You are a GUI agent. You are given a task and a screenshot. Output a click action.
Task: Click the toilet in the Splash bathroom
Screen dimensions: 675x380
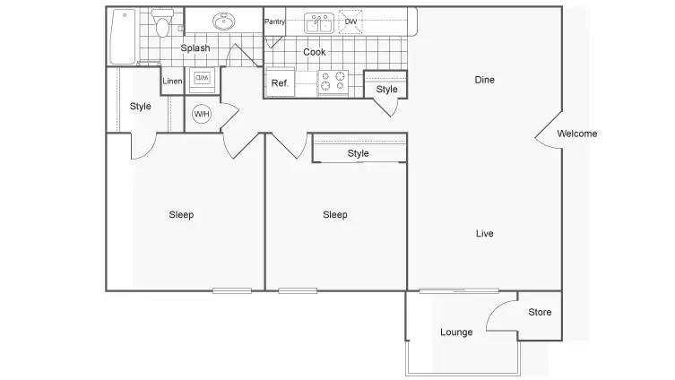[162, 22]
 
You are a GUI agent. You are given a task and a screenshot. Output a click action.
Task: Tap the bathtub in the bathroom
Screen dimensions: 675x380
[123, 37]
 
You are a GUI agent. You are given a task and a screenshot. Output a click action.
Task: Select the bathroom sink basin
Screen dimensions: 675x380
[224, 22]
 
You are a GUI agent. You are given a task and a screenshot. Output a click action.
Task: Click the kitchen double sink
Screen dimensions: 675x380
[319, 22]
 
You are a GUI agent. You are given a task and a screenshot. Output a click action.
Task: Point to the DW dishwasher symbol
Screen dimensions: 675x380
[350, 22]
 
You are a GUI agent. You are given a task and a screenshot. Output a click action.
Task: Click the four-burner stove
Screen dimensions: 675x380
[333, 82]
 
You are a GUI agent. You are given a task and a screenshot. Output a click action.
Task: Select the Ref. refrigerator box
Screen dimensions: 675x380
[281, 82]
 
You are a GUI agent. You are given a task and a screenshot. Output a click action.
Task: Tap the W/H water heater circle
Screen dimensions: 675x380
[202, 114]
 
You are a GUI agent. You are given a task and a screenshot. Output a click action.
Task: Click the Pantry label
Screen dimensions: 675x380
[274, 22]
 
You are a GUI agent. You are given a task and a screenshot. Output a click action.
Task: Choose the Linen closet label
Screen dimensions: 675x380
[172, 81]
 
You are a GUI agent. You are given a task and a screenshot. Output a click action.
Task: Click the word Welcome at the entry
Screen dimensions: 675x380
[577, 134]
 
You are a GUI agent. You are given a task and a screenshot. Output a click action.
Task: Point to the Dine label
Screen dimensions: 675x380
[484, 80]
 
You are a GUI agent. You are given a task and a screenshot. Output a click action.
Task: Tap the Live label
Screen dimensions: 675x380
[484, 233]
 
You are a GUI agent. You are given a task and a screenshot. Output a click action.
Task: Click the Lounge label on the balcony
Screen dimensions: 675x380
[456, 332]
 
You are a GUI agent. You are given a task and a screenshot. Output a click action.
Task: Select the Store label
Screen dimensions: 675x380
[540, 312]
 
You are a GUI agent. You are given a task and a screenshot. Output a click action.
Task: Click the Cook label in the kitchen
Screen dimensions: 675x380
[315, 52]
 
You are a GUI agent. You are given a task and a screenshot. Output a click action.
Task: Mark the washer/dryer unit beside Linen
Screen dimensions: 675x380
[202, 79]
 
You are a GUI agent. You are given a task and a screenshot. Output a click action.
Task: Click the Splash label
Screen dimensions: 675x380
[195, 47]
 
